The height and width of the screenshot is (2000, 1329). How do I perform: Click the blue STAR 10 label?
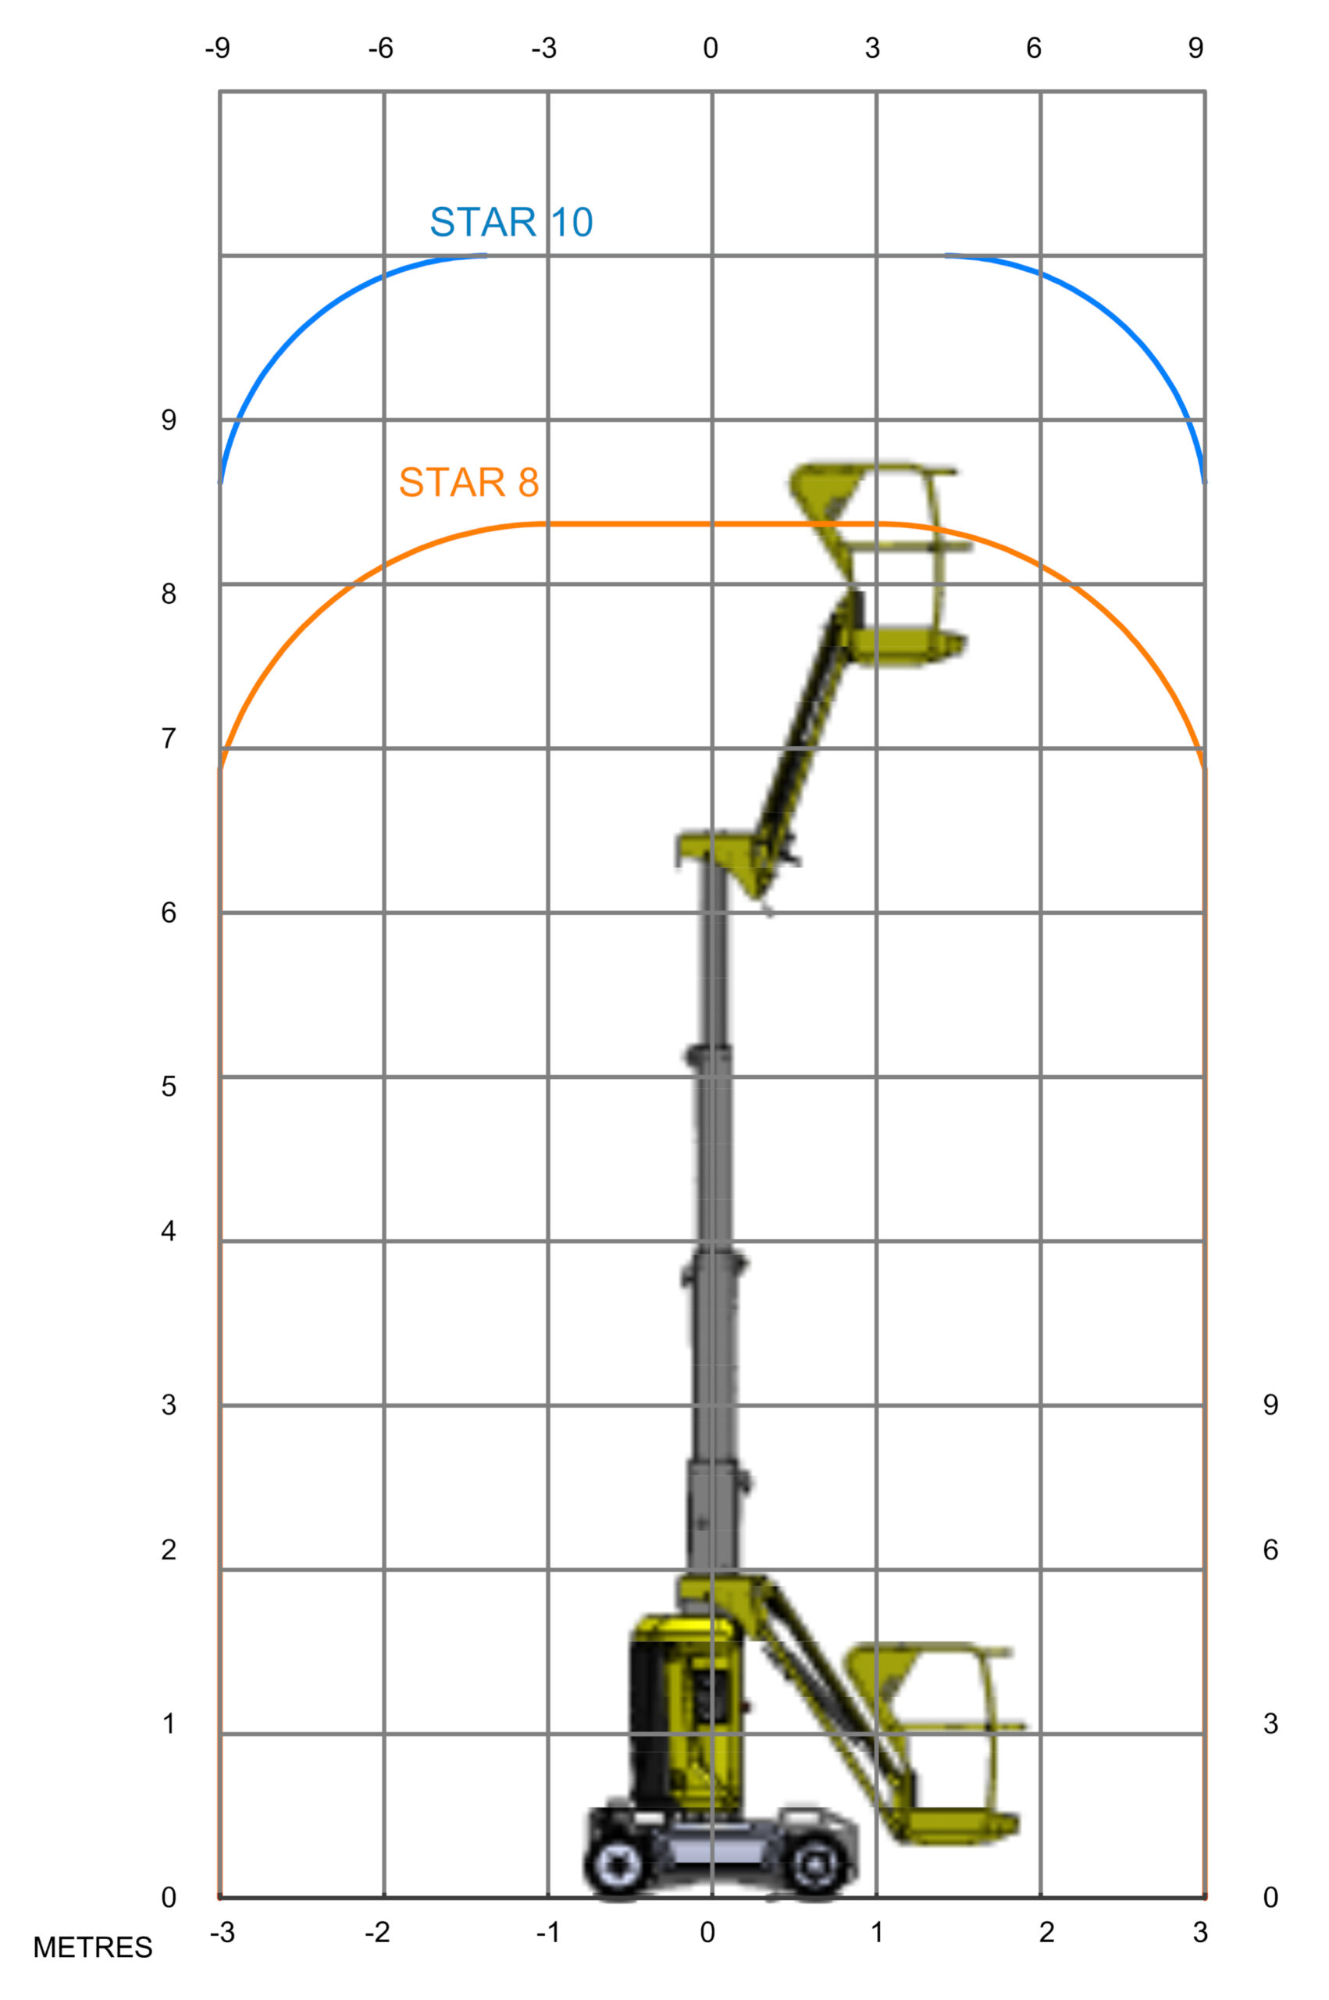[511, 222]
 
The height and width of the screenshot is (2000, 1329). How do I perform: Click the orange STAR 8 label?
[469, 482]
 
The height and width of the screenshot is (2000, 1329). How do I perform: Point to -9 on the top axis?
[217, 48]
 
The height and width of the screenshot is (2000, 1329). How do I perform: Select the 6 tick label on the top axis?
[1033, 48]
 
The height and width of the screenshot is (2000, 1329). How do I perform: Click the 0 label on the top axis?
[711, 48]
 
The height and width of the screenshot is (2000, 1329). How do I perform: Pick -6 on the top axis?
[380, 48]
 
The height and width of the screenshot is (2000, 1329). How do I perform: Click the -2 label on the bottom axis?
[377, 1932]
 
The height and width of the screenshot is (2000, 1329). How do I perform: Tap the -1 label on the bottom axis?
[547, 1932]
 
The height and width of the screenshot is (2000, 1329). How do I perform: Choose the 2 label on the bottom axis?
[1047, 1932]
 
